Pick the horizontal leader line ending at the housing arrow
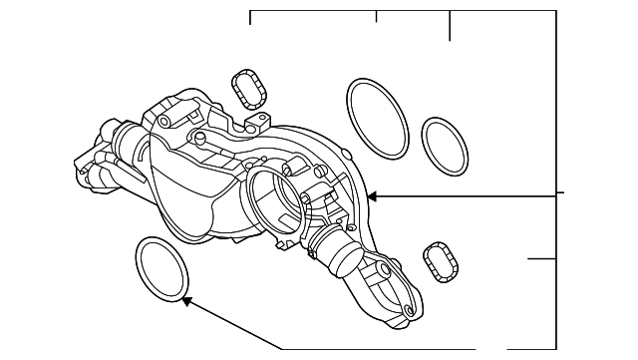click(x=469, y=196)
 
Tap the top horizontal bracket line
click(x=399, y=11)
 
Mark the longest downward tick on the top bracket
click(x=451, y=26)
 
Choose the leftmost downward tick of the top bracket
click(x=249, y=17)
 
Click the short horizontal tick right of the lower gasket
click(x=540, y=259)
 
